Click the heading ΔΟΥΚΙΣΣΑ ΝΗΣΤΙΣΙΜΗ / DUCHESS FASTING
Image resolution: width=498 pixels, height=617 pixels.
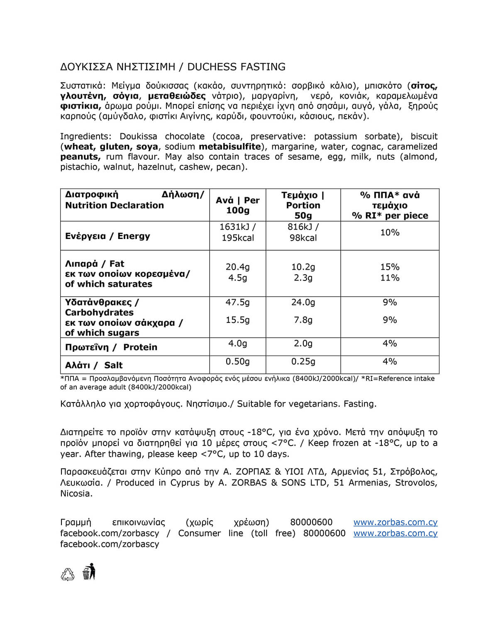coord(173,67)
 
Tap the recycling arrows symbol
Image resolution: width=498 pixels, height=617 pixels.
coord(68,574)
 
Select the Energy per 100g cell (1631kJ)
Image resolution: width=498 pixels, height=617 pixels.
coord(237,232)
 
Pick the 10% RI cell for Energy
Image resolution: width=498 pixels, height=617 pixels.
coord(390,233)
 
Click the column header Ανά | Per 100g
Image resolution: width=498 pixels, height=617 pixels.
coord(237,205)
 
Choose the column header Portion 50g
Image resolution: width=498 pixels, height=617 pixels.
coord(303,205)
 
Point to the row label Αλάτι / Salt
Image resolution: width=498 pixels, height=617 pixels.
coord(94,365)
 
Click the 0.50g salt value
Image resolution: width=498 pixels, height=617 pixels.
coord(237,362)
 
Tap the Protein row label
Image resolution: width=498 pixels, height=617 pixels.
coord(111,347)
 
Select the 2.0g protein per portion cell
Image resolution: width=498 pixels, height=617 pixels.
coord(303,344)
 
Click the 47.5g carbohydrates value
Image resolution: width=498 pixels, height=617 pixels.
coord(237,302)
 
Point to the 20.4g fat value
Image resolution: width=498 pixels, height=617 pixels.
coord(237,267)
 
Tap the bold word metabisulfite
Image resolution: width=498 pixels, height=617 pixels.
coord(229,146)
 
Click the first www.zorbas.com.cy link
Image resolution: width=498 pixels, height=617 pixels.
coord(395,522)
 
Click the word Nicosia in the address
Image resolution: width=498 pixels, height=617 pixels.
coord(76,494)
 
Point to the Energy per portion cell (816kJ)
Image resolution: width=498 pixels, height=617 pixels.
coord(303,232)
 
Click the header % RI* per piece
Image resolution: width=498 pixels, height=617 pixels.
coord(390,216)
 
